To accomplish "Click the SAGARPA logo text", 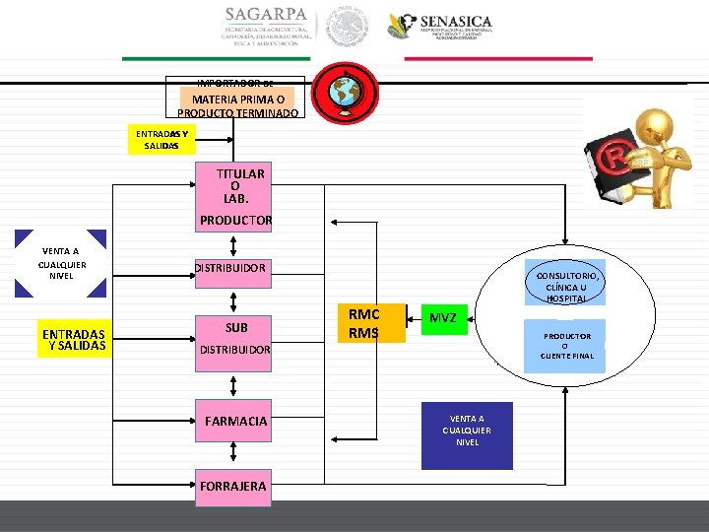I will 265,16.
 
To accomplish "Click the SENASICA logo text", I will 455,22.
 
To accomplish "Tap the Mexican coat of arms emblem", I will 348,27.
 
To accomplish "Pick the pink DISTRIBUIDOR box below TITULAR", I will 229,268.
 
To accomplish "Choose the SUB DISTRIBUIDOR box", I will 235,338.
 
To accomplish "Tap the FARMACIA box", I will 235,422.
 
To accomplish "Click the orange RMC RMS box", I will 363,324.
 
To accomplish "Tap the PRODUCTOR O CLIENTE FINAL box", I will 565,345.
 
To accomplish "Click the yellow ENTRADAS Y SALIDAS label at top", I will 161,139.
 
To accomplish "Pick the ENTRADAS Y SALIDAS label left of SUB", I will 74,340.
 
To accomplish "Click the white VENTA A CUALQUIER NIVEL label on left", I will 61,263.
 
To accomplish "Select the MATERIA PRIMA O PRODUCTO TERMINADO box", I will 239,105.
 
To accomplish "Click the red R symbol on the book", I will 615,159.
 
